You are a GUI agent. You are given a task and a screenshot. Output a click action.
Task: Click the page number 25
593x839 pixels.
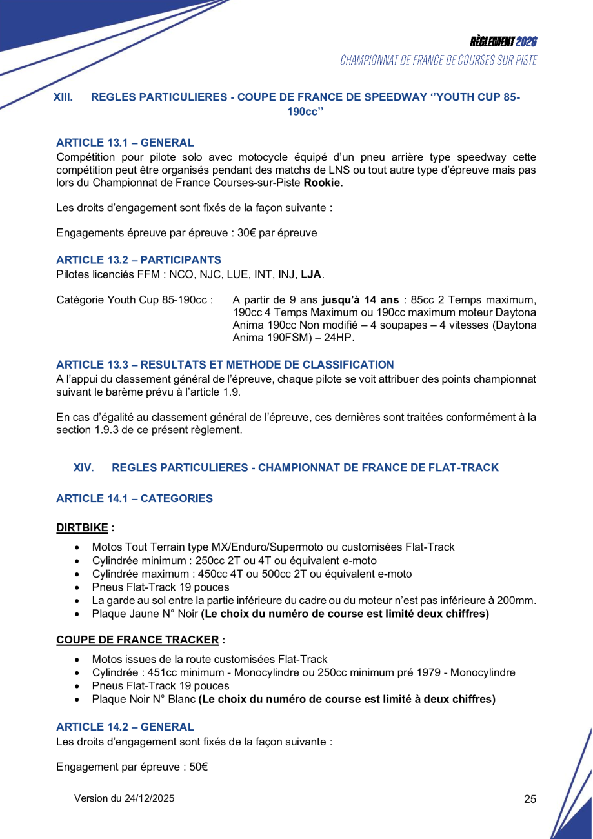click(x=530, y=799)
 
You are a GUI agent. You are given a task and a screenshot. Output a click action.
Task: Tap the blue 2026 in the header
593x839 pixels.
click(x=527, y=42)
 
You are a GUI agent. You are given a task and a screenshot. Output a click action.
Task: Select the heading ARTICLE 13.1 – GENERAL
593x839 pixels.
click(x=125, y=143)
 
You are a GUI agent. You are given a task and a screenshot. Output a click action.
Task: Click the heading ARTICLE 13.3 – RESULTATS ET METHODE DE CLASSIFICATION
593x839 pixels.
click(x=225, y=365)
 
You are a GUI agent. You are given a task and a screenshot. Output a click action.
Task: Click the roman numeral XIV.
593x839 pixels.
click(x=83, y=467)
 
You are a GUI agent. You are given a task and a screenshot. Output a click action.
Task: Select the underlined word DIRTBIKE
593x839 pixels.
click(x=82, y=527)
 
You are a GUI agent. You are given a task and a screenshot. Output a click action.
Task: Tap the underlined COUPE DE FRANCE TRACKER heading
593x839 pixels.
click(x=137, y=640)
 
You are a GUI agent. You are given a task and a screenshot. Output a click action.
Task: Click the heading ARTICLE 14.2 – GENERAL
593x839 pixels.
click(x=125, y=727)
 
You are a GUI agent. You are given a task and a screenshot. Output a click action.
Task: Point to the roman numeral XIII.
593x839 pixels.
click(x=63, y=97)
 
